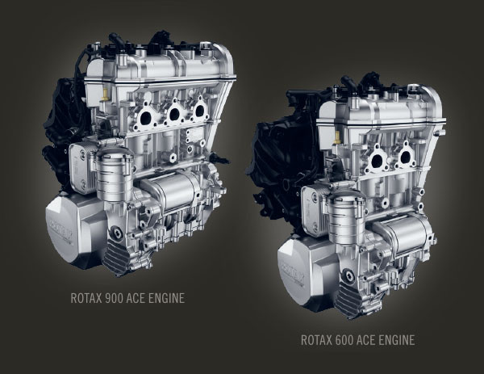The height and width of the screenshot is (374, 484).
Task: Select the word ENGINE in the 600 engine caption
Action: click(x=394, y=340)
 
